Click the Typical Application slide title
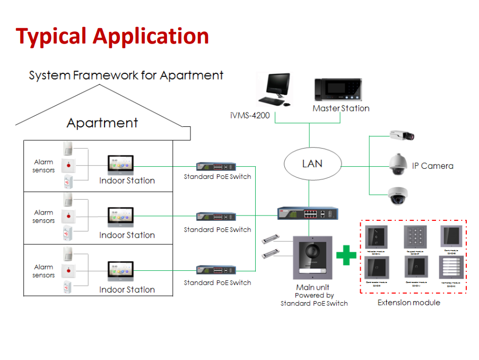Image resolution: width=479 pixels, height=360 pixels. tap(112, 36)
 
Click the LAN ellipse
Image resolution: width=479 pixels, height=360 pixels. tap(312, 163)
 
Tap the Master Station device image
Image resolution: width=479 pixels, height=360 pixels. tap(338, 90)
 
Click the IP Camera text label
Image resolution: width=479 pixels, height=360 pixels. tap(432, 166)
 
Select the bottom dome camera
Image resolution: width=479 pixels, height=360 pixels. tap(397, 195)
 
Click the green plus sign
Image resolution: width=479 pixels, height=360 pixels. tap(346, 255)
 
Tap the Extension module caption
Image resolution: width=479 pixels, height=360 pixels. tap(408, 303)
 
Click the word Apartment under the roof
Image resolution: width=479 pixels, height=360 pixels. tap(102, 123)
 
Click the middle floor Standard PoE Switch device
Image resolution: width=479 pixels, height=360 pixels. tap(216, 217)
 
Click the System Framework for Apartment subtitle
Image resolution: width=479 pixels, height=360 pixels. tap(126, 75)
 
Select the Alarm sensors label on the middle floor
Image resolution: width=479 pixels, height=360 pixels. tap(44, 217)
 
